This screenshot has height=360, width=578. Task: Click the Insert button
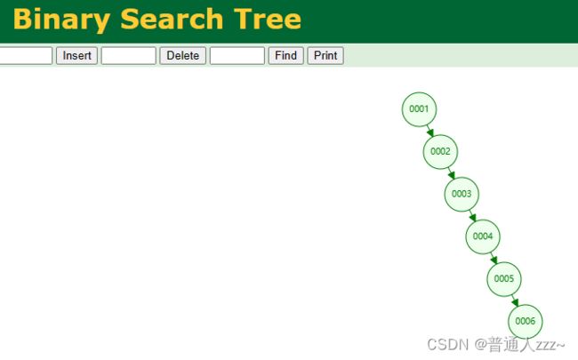[76, 56]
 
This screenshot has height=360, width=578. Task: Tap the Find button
[285, 56]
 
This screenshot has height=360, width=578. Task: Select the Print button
[325, 56]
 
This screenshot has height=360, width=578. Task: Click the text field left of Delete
[128, 56]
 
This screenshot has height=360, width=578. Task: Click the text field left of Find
[237, 56]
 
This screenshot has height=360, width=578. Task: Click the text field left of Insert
[26, 56]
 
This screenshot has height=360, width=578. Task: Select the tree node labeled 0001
[419, 109]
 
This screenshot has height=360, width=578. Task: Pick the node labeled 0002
[440, 151]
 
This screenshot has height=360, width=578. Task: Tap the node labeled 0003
[462, 194]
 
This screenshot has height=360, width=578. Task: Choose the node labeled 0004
[483, 236]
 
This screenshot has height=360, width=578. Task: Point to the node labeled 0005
[504, 278]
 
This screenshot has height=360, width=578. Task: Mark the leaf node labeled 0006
[526, 321]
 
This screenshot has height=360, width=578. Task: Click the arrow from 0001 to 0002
[429, 131]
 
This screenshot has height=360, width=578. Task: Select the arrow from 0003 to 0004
[472, 215]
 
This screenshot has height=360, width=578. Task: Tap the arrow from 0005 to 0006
[515, 300]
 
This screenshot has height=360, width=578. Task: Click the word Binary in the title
[61, 20]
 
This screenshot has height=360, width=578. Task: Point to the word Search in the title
[172, 19]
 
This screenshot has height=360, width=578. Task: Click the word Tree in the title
[268, 19]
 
